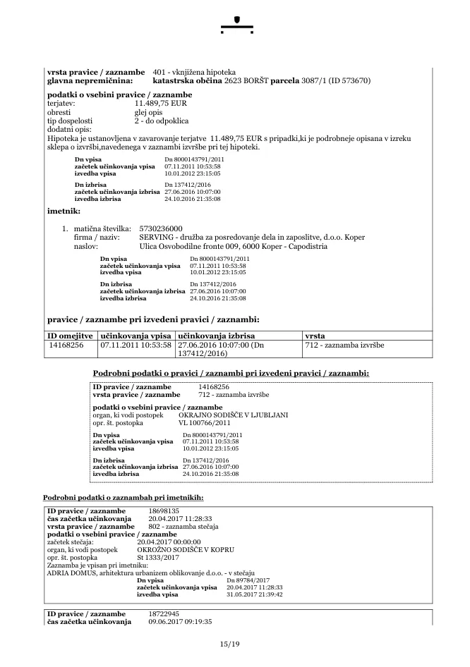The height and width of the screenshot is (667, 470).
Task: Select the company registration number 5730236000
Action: (162, 228)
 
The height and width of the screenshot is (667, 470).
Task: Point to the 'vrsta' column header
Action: (315, 336)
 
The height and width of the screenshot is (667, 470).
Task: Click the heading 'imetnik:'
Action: (64, 211)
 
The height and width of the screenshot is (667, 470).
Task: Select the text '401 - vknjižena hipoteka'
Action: (194, 73)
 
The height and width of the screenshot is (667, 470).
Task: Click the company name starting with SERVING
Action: (253, 238)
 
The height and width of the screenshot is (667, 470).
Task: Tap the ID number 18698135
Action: (164, 510)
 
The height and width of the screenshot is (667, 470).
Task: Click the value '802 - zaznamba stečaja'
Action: (183, 527)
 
